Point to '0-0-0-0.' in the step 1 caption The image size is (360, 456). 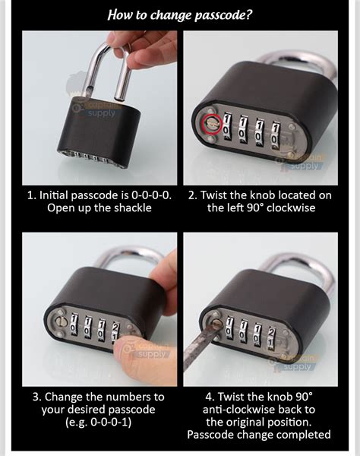(x=150, y=195)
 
